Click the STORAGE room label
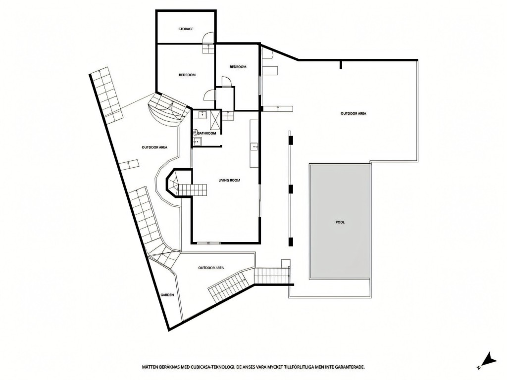click(186, 29)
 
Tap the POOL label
click(340, 222)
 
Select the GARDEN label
click(167, 295)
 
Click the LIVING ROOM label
click(229, 180)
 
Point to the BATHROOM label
click(207, 134)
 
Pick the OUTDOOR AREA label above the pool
click(354, 114)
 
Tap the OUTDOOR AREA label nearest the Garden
click(211, 268)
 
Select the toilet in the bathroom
click(195, 132)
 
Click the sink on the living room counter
click(254, 146)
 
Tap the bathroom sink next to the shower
click(203, 114)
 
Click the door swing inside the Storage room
click(208, 38)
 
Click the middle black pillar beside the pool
click(291, 189)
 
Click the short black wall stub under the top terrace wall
click(341, 65)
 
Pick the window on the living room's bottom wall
click(208, 242)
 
